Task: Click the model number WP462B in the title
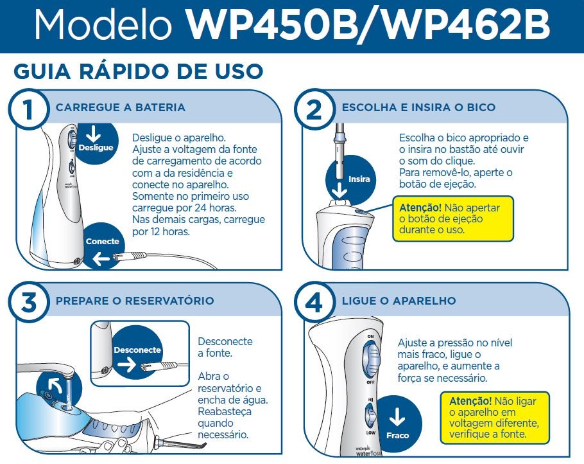[459, 26]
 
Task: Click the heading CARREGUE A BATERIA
[121, 107]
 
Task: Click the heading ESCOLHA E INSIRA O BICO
[418, 107]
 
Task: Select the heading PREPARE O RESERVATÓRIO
[135, 301]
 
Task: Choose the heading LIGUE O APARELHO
[399, 301]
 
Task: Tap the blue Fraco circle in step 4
[397, 424]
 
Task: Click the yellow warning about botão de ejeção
[453, 219]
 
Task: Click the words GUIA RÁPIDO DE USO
[139, 71]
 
